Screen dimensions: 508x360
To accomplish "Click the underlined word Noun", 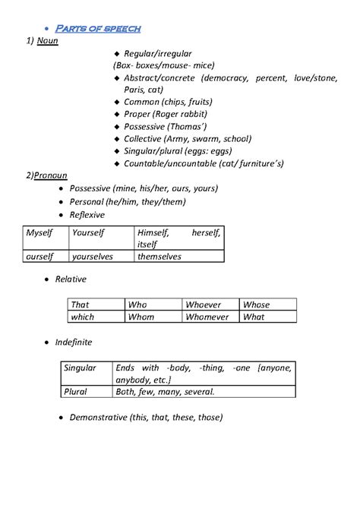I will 48,41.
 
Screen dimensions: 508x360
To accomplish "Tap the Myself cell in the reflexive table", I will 41,232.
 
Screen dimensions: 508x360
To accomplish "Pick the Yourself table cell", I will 88,232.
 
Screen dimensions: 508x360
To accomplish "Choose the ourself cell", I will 42,257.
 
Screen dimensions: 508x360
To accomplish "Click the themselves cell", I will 159,257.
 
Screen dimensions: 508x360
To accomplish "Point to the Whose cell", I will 257,304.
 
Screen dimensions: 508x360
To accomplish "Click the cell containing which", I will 83,317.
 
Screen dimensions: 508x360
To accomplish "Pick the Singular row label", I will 81,368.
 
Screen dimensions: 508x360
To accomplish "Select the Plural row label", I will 76,392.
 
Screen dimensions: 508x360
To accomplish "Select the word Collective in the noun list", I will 148,139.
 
